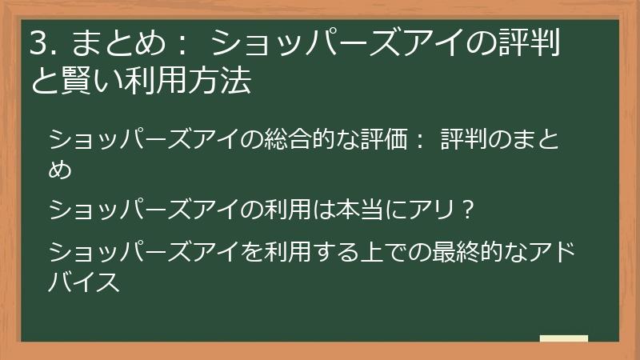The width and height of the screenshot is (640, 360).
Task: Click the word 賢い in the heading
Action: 82,80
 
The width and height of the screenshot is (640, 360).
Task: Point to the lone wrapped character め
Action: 61,169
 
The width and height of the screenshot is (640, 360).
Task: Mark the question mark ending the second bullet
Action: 470,210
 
